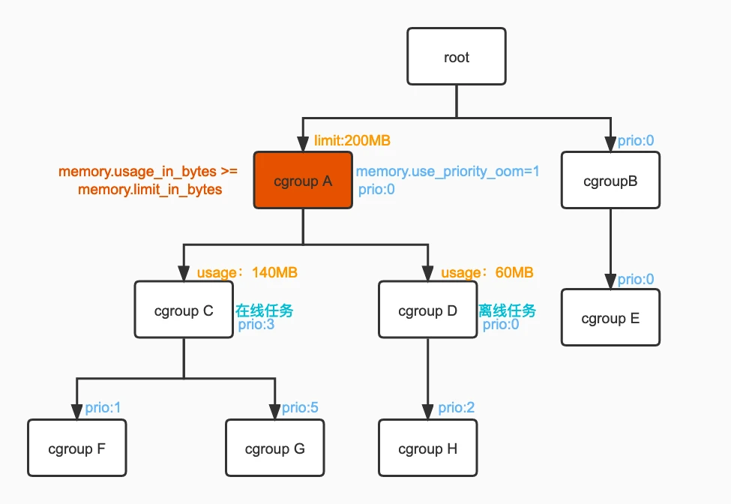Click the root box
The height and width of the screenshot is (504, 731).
click(x=457, y=56)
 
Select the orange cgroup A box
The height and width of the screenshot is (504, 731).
click(x=303, y=180)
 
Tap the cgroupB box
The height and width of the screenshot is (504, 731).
click(x=610, y=180)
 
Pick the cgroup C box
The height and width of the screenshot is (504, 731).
click(x=184, y=310)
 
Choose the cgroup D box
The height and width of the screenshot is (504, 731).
click(x=427, y=310)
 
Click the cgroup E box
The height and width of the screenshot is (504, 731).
click(x=610, y=317)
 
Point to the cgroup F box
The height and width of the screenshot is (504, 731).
click(x=77, y=448)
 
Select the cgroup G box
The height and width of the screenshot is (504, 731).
click(x=274, y=448)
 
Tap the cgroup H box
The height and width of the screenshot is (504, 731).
click(x=427, y=448)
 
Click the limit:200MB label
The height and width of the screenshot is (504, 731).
click(x=352, y=140)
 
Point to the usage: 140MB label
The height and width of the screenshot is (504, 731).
click(x=247, y=272)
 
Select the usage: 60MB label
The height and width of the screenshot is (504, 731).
click(x=487, y=272)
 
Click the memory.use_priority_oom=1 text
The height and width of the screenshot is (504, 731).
click(x=448, y=172)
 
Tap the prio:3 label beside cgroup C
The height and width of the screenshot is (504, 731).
click(x=256, y=325)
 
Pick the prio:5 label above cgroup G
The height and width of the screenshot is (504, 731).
click(x=300, y=407)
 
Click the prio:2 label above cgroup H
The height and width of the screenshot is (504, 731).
click(x=456, y=407)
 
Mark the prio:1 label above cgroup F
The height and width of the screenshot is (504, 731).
click(x=103, y=407)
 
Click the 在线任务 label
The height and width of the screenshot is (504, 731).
click(x=265, y=310)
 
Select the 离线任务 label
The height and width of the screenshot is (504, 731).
click(x=508, y=310)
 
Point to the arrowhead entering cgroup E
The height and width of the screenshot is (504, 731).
click(x=610, y=281)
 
